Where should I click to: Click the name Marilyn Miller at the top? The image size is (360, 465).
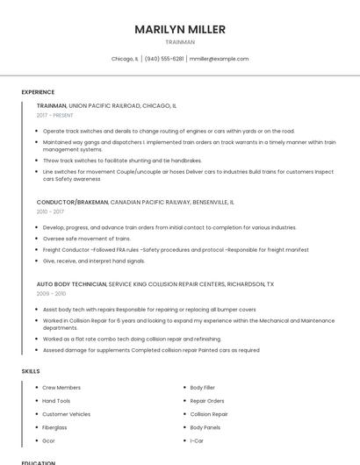(x=180, y=29)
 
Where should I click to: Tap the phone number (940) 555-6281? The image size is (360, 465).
(x=164, y=59)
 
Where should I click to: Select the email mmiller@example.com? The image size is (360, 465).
(x=220, y=59)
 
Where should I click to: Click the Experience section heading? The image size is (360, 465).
(x=38, y=92)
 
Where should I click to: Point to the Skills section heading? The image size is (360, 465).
(x=31, y=371)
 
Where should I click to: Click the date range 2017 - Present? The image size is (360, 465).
(x=54, y=115)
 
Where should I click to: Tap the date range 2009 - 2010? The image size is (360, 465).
(x=50, y=294)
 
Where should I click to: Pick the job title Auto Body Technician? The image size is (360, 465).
(x=71, y=284)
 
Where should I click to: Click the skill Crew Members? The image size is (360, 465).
(x=61, y=387)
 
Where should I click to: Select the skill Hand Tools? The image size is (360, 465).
(x=56, y=400)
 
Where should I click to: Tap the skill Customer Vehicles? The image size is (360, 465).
(x=66, y=414)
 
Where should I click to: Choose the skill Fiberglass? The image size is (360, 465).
(x=55, y=427)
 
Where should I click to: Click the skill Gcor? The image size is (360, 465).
(x=49, y=440)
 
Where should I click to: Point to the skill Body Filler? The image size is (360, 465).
(x=203, y=387)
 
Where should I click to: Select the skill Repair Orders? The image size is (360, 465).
(x=207, y=400)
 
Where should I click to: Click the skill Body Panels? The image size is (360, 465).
(x=205, y=427)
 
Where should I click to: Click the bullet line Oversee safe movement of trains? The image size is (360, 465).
(x=86, y=239)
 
